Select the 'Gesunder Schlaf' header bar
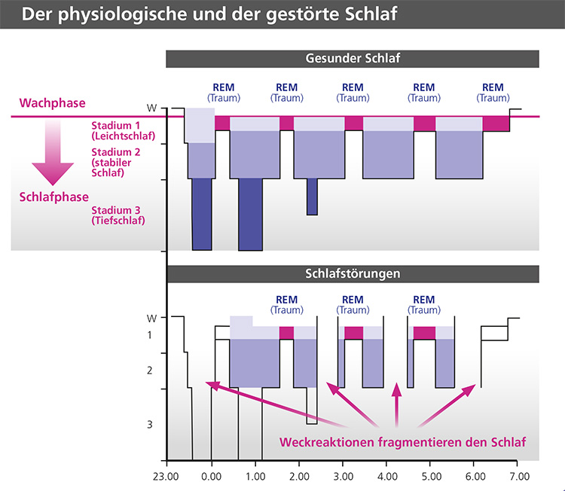(x=352, y=59)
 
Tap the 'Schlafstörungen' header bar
(x=352, y=273)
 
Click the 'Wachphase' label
(x=53, y=102)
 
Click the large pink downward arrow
(x=53, y=154)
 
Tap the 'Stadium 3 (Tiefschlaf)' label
(x=118, y=215)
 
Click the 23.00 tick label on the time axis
(x=167, y=477)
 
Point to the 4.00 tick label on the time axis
(x=386, y=477)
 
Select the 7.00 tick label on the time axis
(x=518, y=477)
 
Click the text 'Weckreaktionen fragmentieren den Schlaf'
(x=402, y=441)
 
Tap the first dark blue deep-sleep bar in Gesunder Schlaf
(x=202, y=214)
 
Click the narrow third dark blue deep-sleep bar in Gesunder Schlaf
(x=312, y=197)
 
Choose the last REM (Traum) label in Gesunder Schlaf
(x=493, y=93)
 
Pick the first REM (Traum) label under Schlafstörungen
(x=286, y=305)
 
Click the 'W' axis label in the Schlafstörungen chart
(x=150, y=318)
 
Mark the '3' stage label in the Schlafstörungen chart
(x=149, y=424)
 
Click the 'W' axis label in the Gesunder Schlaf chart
(x=151, y=108)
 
